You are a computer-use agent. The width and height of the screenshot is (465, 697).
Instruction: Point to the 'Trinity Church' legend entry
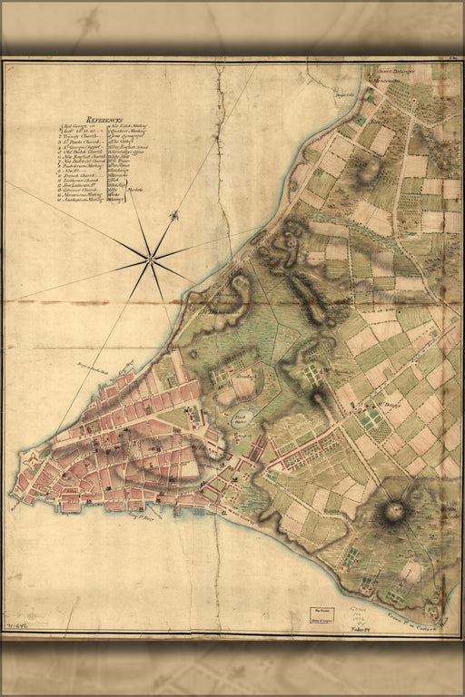(x=88, y=136)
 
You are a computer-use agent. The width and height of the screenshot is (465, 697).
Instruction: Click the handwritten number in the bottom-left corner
(x=15, y=627)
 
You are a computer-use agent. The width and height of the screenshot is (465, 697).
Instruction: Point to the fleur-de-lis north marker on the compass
(x=173, y=216)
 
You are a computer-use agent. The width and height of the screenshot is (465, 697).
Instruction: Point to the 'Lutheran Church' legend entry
(x=84, y=180)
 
